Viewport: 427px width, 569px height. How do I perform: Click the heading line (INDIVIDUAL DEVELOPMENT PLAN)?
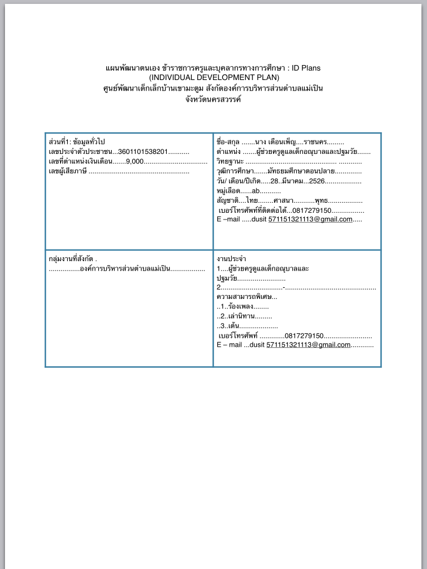pyautogui.click(x=213, y=78)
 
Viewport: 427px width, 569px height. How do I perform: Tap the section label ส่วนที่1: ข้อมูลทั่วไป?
pyautogui.click(x=77, y=142)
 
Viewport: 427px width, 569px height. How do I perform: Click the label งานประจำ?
pyautogui.click(x=231, y=259)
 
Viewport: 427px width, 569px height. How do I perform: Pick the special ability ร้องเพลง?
pyautogui.click(x=241, y=306)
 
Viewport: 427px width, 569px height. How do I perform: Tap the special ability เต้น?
pyautogui.click(x=235, y=326)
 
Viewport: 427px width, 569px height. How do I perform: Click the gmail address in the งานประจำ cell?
pyautogui.click(x=308, y=345)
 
